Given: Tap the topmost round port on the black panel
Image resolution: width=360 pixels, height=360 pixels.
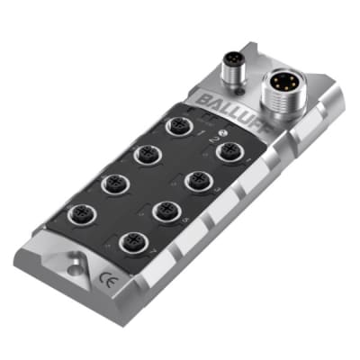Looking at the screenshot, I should click(x=177, y=127).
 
